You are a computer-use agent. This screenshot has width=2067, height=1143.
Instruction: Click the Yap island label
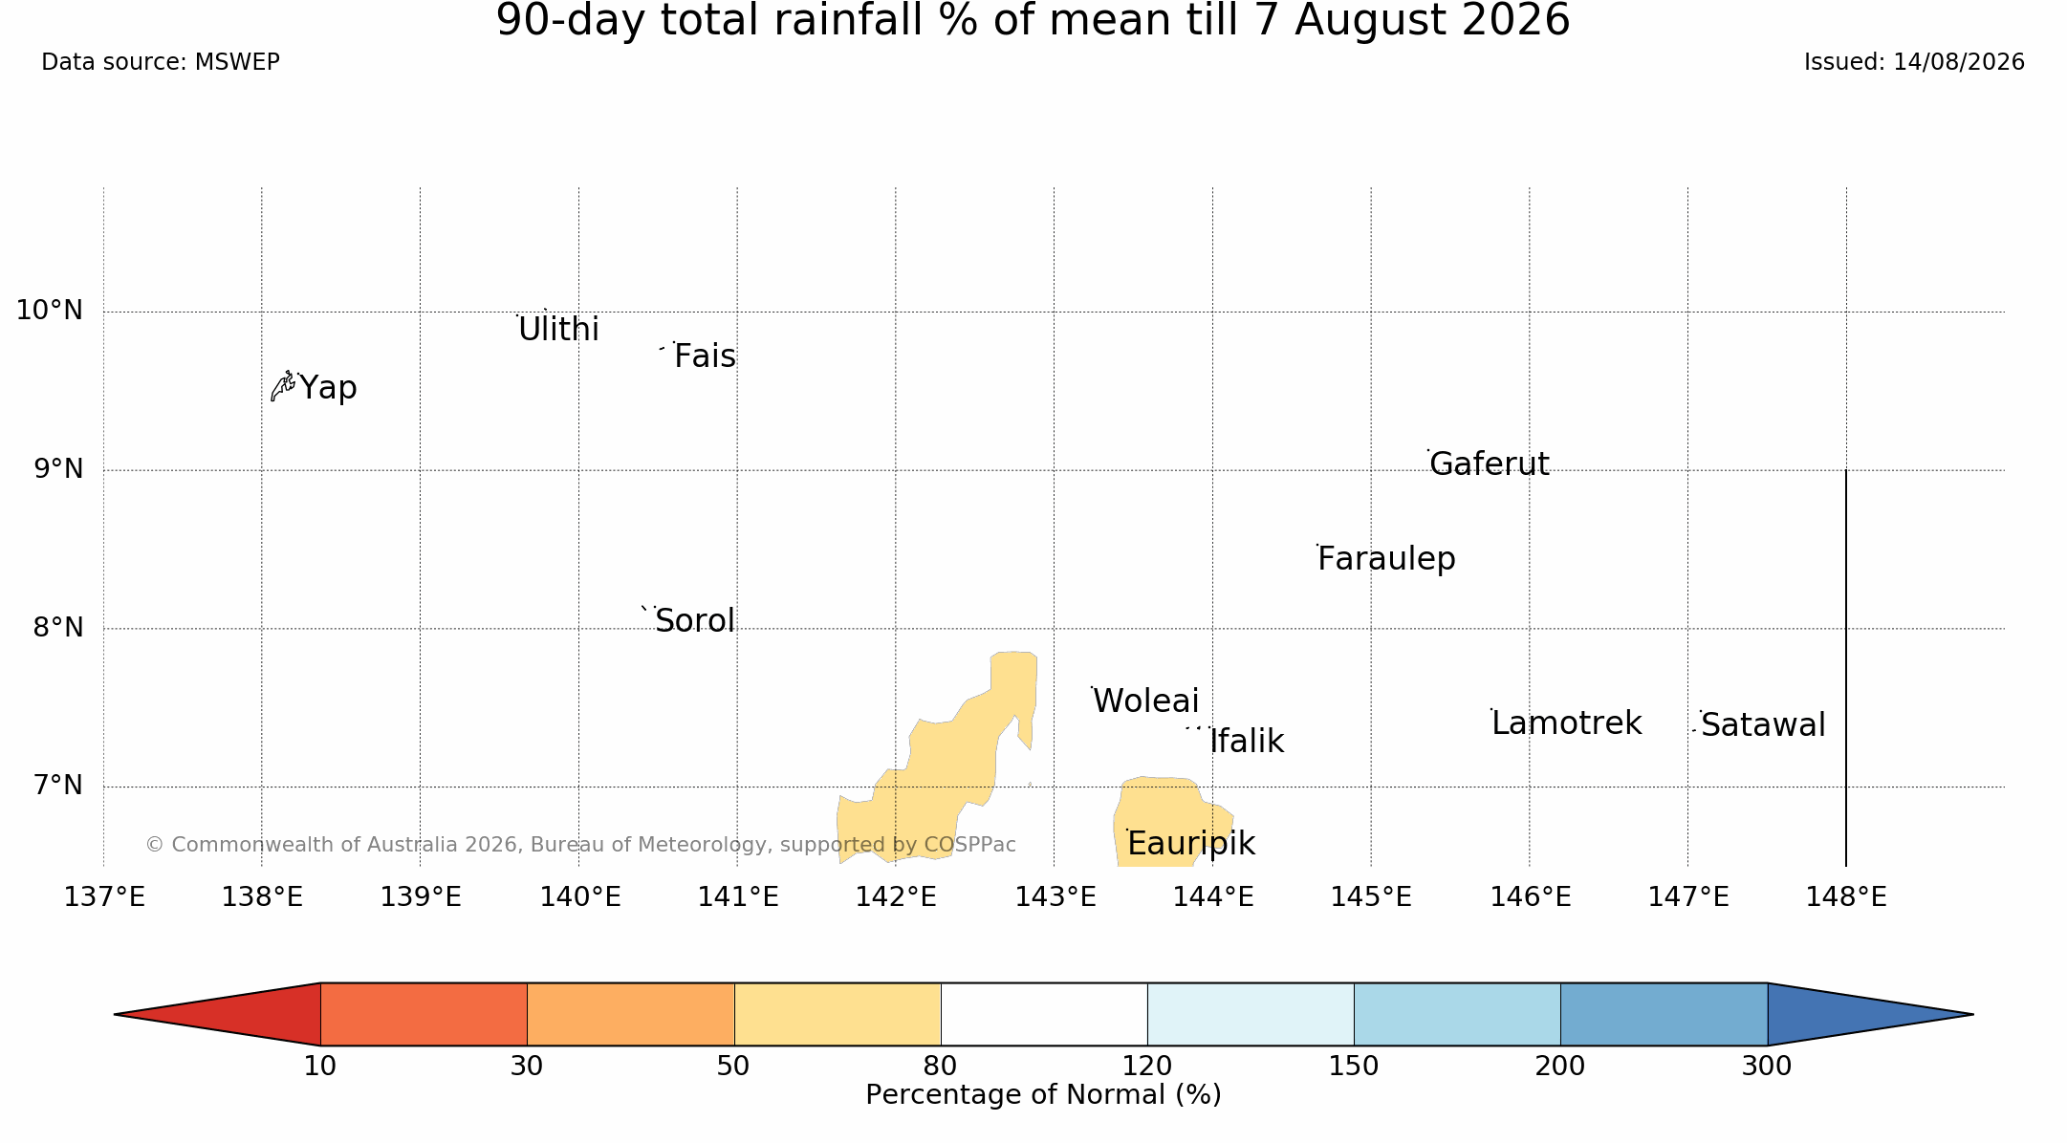click(x=328, y=389)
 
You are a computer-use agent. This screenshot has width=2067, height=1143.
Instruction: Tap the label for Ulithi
click(x=558, y=330)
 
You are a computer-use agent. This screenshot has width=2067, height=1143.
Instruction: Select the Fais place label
click(x=705, y=356)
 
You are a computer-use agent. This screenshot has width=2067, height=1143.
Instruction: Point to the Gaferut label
click(x=1489, y=464)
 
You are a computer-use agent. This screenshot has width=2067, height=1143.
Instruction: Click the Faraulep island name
click(x=1386, y=559)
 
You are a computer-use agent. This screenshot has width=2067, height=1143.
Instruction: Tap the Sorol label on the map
click(x=695, y=621)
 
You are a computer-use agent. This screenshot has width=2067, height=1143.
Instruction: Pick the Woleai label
click(x=1145, y=701)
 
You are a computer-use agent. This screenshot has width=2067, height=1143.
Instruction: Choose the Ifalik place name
click(x=1247, y=742)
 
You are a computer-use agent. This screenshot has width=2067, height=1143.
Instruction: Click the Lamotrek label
click(x=1566, y=723)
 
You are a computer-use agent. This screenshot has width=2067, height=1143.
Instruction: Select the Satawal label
click(x=1763, y=725)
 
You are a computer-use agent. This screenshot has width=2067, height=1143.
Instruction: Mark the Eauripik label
click(x=1190, y=844)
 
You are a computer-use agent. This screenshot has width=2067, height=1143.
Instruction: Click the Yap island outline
click(x=283, y=385)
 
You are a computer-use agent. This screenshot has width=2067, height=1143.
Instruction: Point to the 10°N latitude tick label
click(x=50, y=311)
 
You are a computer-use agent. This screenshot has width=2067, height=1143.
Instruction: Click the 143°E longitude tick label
click(x=1055, y=897)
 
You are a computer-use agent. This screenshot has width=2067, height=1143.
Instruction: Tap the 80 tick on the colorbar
click(x=941, y=1066)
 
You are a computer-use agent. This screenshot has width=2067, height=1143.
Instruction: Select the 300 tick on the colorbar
click(x=1767, y=1066)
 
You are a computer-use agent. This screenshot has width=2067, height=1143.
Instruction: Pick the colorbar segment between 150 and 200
click(x=1457, y=1014)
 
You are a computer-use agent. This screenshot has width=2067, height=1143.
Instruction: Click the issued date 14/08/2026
click(x=1959, y=62)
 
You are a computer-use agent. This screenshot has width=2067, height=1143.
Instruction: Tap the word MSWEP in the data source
click(x=237, y=62)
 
